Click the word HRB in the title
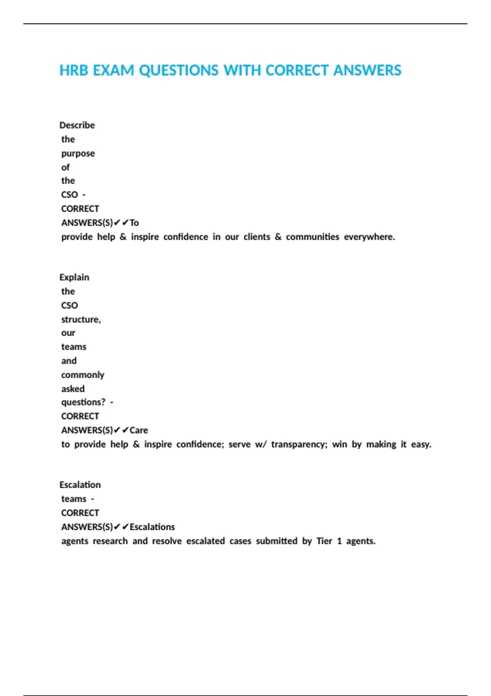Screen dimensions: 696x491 (74, 70)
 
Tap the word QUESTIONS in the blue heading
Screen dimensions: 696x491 (178, 70)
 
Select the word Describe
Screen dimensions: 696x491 (77, 125)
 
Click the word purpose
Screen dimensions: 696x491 (78, 154)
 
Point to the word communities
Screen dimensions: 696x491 (312, 237)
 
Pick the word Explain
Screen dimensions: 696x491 (74, 277)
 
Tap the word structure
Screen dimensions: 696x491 (81, 319)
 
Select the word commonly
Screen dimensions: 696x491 (83, 375)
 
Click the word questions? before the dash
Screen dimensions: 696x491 (83, 402)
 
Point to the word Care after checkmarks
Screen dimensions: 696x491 (139, 430)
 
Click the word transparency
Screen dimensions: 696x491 (299, 445)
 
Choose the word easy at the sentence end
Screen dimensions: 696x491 (421, 445)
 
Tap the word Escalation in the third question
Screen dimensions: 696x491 (80, 485)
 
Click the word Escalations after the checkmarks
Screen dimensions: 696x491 (152, 527)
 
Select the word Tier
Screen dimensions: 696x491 (324, 541)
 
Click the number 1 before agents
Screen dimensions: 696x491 (339, 541)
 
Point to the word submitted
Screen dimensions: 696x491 (277, 541)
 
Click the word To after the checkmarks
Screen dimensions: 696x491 (134, 223)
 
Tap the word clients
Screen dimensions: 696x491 (257, 237)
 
